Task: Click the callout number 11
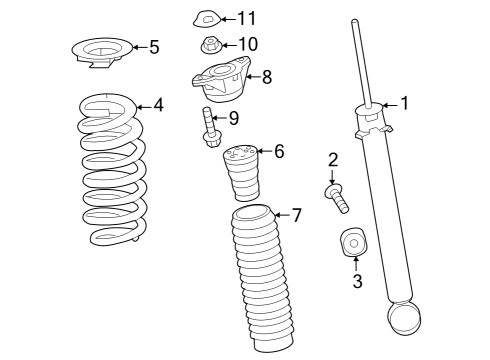(246, 18)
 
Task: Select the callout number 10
(247, 44)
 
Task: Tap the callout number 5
(153, 47)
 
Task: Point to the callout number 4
(157, 104)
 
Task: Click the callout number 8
(266, 76)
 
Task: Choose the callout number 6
(278, 151)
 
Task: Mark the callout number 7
(295, 214)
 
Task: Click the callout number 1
(404, 102)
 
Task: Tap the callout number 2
(333, 158)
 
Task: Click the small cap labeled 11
(205, 18)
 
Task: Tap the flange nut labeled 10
(211, 44)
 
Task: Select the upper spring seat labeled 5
(102, 50)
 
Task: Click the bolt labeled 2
(337, 197)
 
